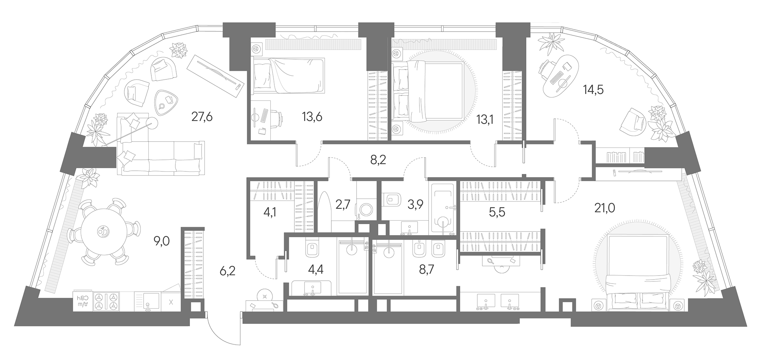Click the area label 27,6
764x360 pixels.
(202, 117)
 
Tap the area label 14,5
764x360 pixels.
(593, 90)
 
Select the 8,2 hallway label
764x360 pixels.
(378, 160)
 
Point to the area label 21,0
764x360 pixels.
(605, 208)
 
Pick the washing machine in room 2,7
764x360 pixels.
(366, 211)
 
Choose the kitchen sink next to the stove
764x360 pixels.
(147, 302)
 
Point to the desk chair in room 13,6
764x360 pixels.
(275, 119)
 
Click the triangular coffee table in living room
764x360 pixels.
(166, 100)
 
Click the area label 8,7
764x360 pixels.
(426, 270)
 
